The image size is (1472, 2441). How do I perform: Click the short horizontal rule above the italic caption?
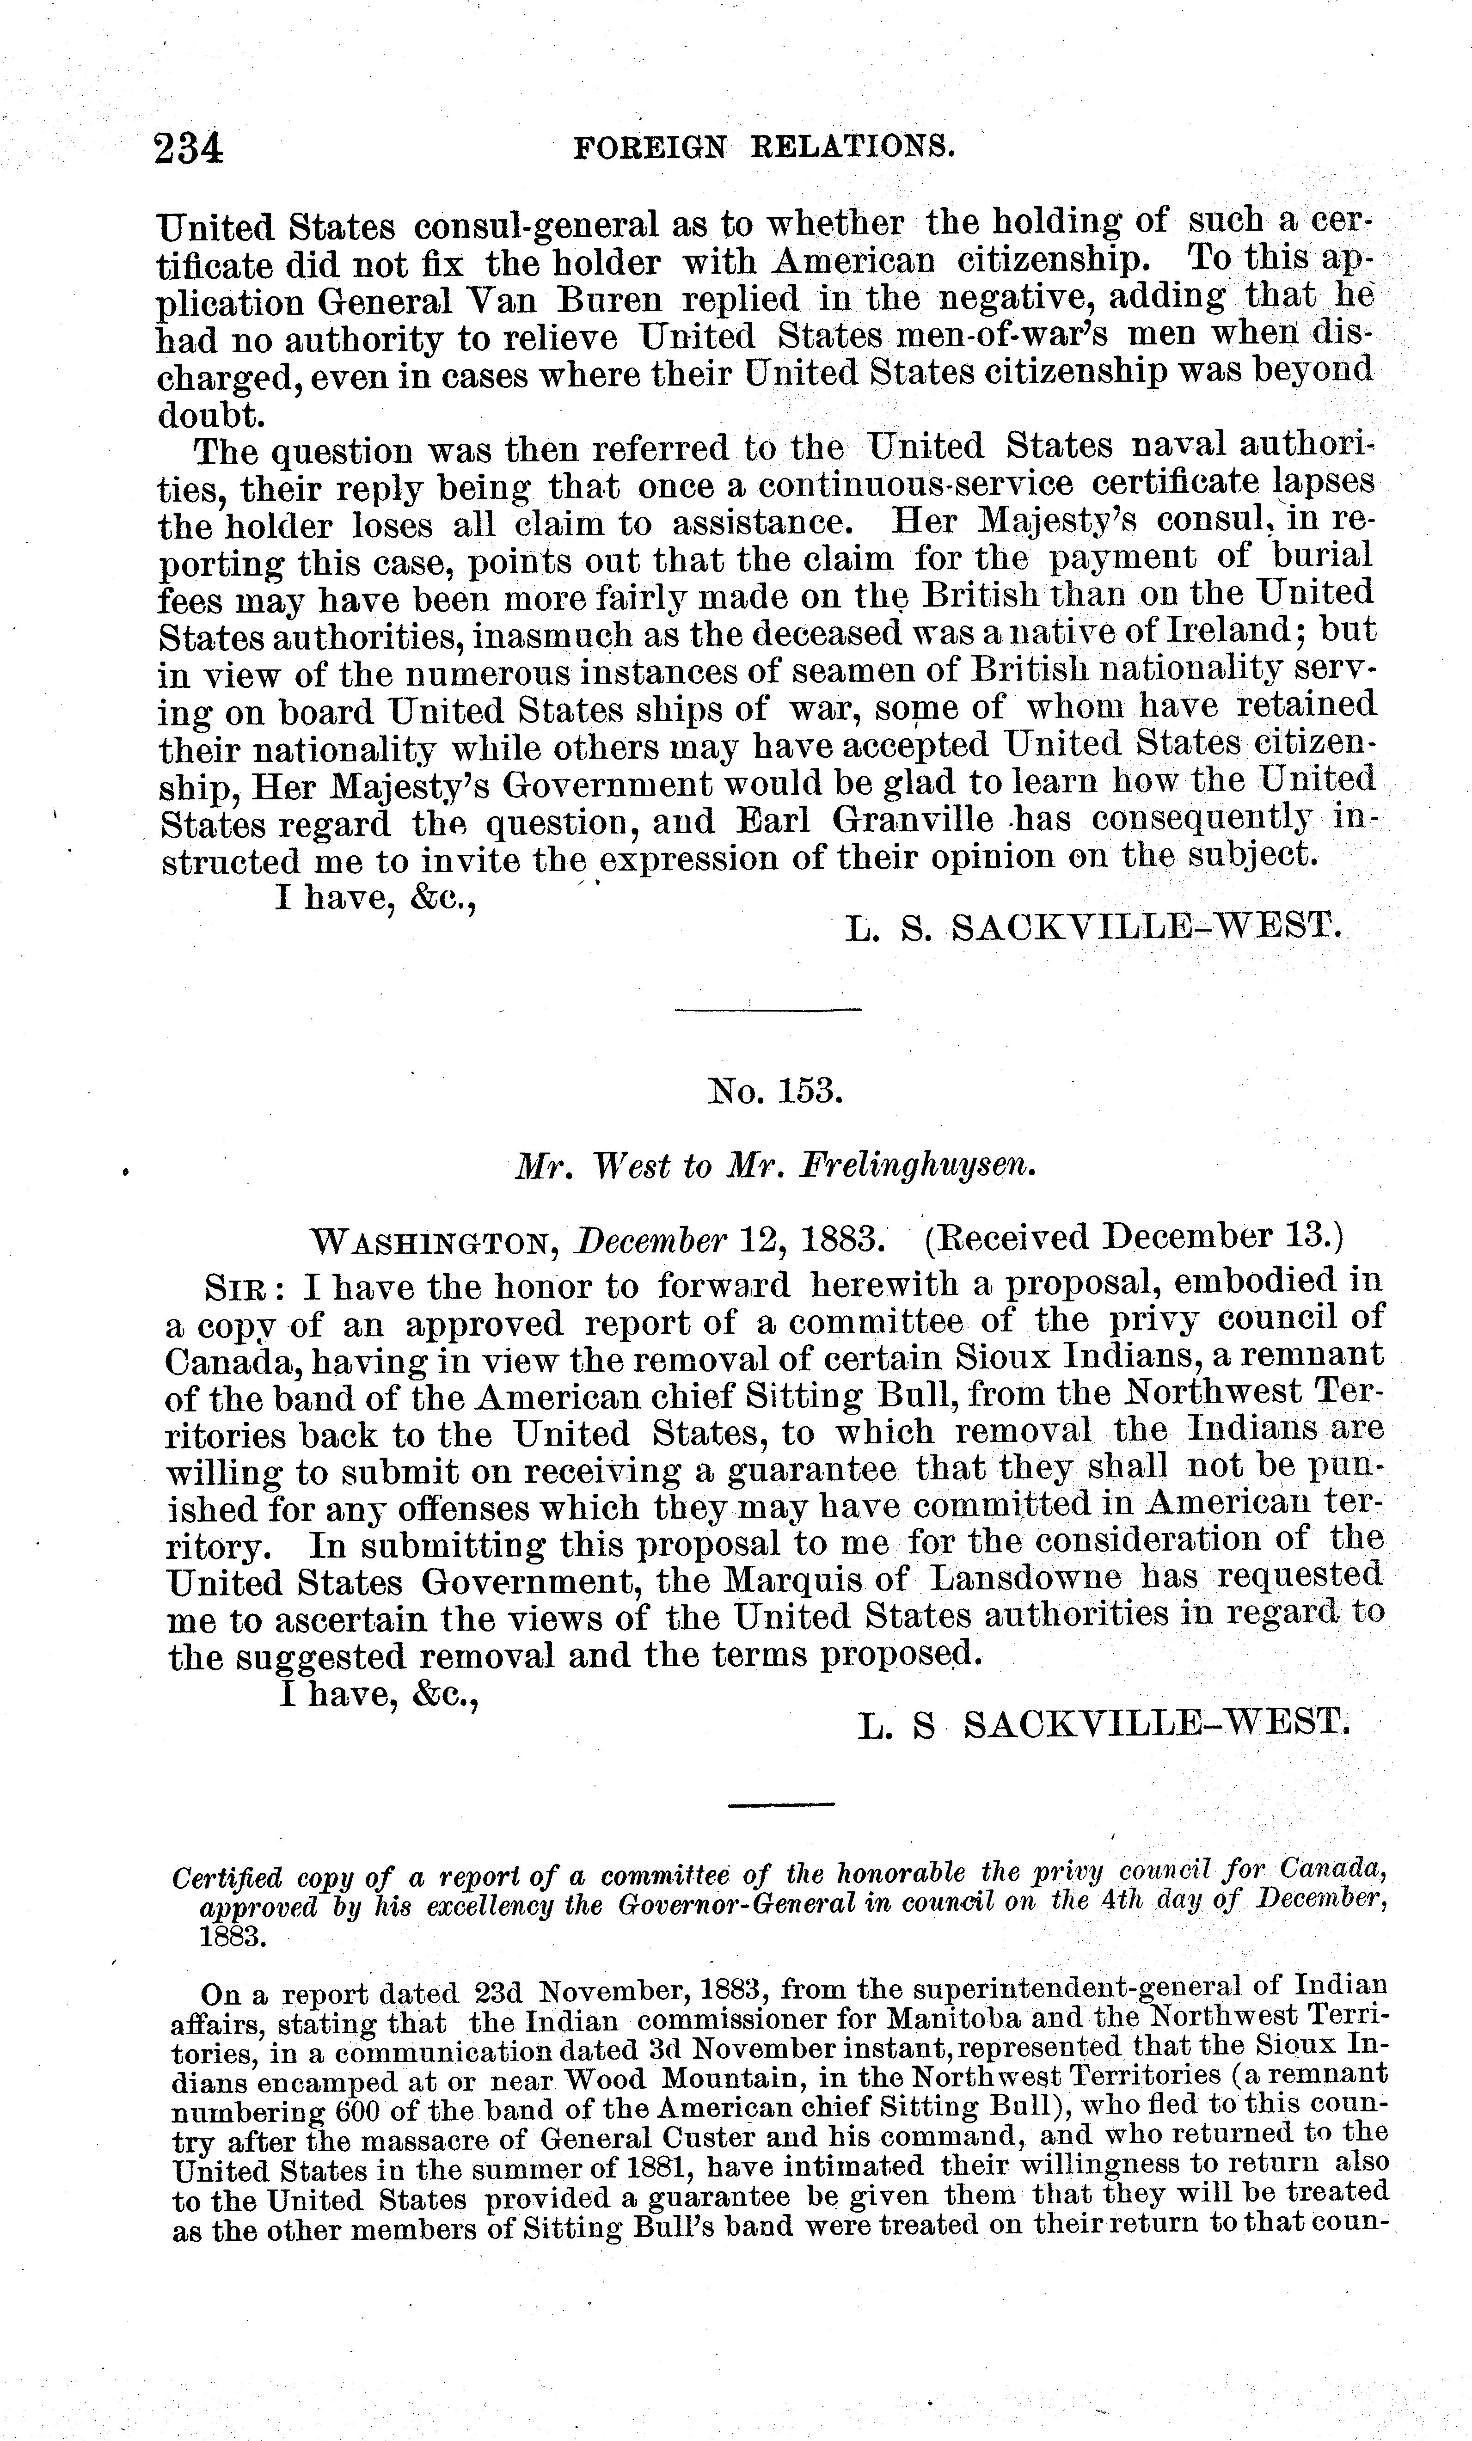tap(782, 1805)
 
